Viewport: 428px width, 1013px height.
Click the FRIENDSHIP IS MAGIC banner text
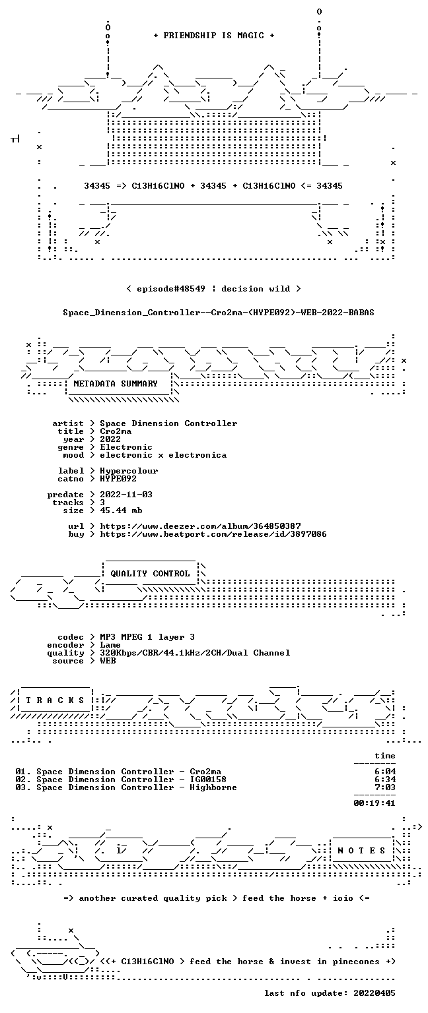coord(214,35)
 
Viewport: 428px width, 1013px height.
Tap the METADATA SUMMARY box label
coord(116,383)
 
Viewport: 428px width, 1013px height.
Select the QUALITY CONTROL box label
coord(150,573)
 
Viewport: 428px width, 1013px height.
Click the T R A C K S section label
coord(55,700)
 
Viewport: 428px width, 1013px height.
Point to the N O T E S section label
coord(361,851)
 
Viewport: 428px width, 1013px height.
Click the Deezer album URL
coord(200,526)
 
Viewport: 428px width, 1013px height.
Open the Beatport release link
coord(213,534)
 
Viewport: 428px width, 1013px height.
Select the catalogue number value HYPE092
coord(118,478)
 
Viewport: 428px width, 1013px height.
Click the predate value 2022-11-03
coord(126,494)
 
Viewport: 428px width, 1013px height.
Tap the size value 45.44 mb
coord(121,510)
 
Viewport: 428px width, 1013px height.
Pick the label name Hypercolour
coord(129,471)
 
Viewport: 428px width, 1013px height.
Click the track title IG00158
coord(208,779)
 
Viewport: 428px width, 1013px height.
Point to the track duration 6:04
coord(385,772)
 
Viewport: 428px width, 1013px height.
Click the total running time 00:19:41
coord(374,803)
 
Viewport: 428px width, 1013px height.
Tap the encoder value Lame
coord(110,645)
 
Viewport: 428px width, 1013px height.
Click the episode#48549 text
coord(171,288)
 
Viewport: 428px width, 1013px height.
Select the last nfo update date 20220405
coord(374,993)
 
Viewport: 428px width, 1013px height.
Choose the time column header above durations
coord(385,756)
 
